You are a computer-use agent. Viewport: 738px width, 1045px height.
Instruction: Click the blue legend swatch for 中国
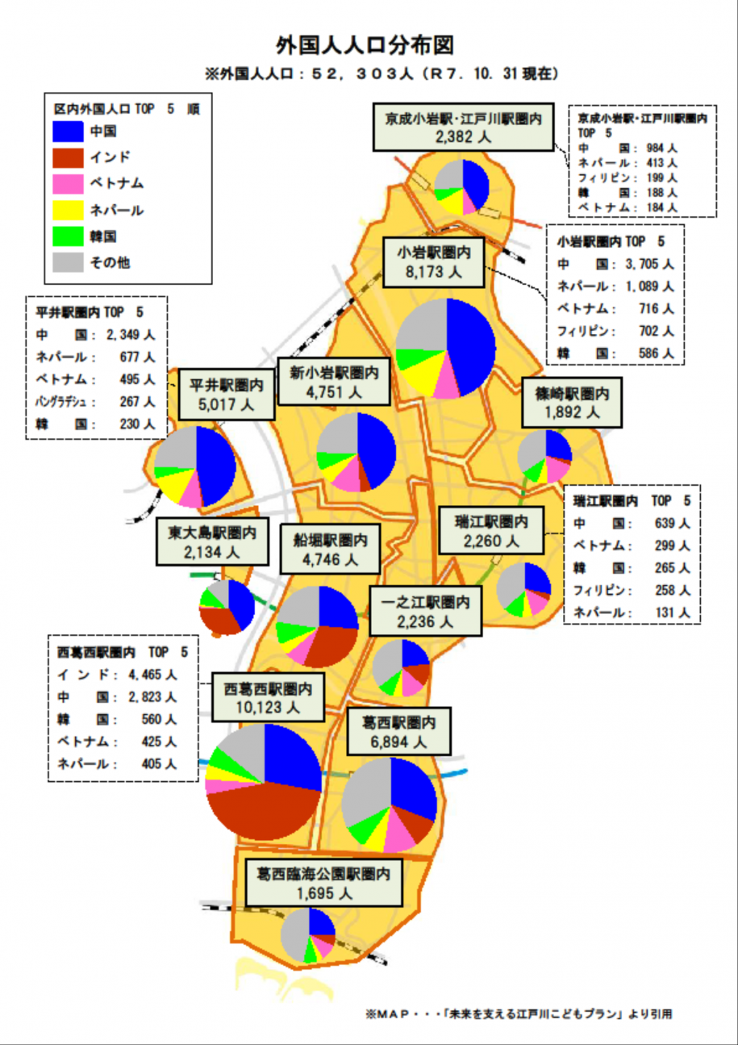(x=68, y=131)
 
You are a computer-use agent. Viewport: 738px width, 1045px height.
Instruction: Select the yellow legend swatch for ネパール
(x=68, y=210)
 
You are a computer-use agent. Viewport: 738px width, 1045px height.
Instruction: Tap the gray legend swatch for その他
(x=68, y=262)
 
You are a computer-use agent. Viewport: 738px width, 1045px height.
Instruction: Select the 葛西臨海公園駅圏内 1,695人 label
(x=323, y=883)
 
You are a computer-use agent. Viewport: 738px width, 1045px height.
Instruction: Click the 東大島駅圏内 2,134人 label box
(x=212, y=542)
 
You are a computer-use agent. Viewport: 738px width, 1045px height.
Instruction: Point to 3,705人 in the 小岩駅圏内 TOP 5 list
(x=648, y=264)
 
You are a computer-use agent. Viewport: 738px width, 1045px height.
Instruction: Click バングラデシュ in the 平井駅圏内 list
(x=65, y=401)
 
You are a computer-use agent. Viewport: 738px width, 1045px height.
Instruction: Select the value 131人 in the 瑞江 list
(x=673, y=612)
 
